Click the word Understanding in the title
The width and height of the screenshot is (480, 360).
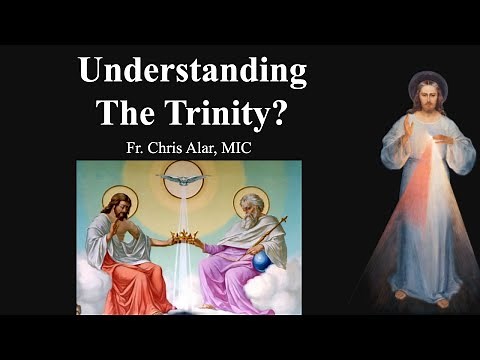click(x=192, y=73)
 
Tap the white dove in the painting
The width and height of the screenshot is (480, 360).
click(x=185, y=181)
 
